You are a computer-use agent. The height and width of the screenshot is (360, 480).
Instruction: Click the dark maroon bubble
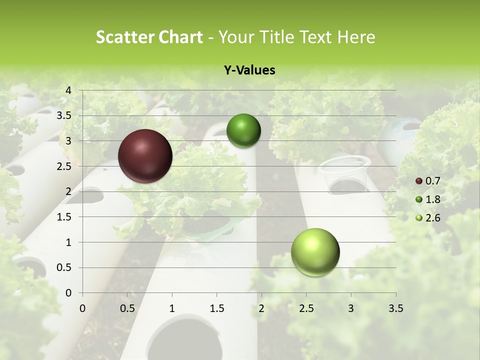145,156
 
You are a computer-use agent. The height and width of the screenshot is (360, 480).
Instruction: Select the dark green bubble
243,130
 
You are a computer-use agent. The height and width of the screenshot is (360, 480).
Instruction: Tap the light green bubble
315,252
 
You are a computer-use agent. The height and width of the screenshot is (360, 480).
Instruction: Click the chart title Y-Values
249,70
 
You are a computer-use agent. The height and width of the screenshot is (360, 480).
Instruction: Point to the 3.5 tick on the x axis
396,308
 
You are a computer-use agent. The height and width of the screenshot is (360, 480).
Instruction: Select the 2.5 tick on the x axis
306,308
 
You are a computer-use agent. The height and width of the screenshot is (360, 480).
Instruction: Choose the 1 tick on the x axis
172,308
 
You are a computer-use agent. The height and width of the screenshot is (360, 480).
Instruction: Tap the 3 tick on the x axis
351,308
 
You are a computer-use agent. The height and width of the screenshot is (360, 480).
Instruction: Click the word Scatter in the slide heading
121,37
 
